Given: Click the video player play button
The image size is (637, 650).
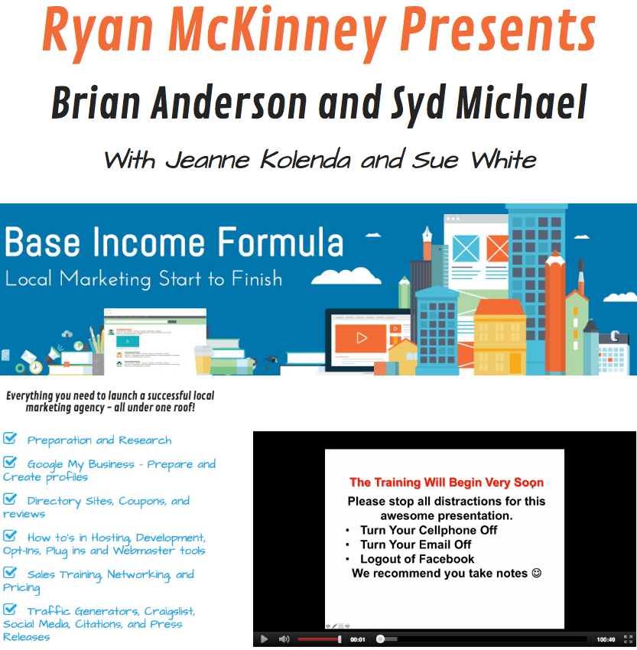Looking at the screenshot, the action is pyautogui.click(x=264, y=639).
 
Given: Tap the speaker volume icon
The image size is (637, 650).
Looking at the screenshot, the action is pyautogui.click(x=284, y=639).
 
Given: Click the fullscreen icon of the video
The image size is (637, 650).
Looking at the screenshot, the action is pyautogui.click(x=628, y=639).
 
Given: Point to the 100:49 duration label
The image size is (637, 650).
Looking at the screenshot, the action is pyautogui.click(x=606, y=639).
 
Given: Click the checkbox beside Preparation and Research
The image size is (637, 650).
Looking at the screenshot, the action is pyautogui.click(x=10, y=437).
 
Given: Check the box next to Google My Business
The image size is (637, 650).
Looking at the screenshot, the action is pyautogui.click(x=10, y=462).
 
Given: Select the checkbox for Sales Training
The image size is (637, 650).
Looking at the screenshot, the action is pyautogui.click(x=10, y=572).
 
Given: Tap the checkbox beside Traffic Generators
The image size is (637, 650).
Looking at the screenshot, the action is pyautogui.click(x=10, y=609).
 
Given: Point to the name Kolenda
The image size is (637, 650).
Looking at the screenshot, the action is pyautogui.click(x=305, y=160).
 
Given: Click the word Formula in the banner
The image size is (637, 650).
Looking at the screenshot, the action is pyautogui.click(x=281, y=242).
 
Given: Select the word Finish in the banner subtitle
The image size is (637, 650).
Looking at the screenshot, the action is pyautogui.click(x=257, y=278).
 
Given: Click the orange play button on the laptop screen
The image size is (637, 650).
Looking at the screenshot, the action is pyautogui.click(x=361, y=338).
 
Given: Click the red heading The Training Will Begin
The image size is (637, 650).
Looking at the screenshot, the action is pyautogui.click(x=447, y=482).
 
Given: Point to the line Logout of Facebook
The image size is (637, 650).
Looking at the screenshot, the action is pyautogui.click(x=417, y=559).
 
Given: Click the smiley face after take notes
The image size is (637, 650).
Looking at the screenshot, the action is pyautogui.click(x=536, y=573).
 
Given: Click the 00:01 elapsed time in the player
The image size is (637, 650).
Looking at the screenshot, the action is pyautogui.click(x=357, y=639).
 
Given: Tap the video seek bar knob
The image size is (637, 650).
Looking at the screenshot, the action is pyautogui.click(x=380, y=639).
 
